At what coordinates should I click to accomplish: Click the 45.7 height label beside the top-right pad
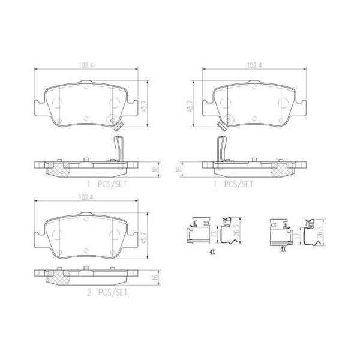[190, 106]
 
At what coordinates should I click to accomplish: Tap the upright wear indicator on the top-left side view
[119, 149]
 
